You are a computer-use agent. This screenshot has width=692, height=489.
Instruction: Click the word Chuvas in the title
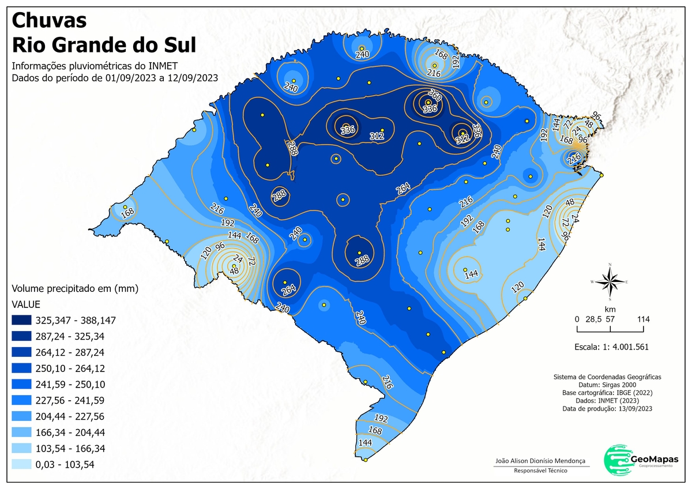50,20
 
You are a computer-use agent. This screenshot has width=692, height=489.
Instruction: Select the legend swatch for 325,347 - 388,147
21,319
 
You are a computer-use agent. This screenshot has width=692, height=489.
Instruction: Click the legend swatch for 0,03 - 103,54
21,464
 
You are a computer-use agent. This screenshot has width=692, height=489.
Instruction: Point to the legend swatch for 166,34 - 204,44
21,432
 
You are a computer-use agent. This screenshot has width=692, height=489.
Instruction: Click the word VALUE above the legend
27,304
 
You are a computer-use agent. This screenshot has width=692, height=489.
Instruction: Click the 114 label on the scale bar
644,319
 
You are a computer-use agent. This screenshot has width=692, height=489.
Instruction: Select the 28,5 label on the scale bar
594,319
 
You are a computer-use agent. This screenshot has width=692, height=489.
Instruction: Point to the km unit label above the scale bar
610,309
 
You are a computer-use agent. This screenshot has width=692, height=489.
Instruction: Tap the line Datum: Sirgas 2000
607,384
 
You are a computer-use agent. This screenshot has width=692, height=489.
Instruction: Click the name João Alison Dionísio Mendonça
540,461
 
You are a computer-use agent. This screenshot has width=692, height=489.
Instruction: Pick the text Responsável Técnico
540,471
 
